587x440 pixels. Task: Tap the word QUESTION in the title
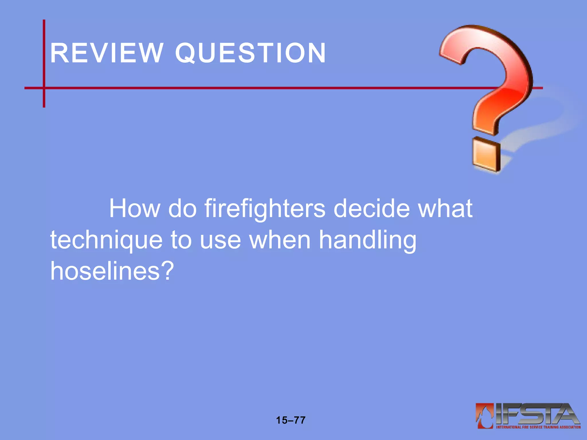tap(251, 53)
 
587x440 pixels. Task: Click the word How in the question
tap(134, 209)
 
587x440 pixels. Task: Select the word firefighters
tap(265, 209)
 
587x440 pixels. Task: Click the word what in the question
tap(445, 209)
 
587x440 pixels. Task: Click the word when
tap(280, 240)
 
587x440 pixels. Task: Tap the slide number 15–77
tap(291, 420)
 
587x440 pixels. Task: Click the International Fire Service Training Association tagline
tap(538, 427)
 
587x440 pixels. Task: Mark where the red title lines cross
tap(44, 88)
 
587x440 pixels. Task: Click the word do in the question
tap(182, 209)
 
